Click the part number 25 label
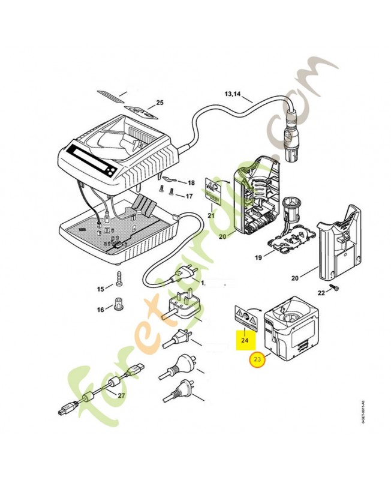160,103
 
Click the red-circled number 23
258,360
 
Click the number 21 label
211,215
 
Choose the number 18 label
191,182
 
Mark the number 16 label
100,310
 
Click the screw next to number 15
120,280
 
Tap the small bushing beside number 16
118,304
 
